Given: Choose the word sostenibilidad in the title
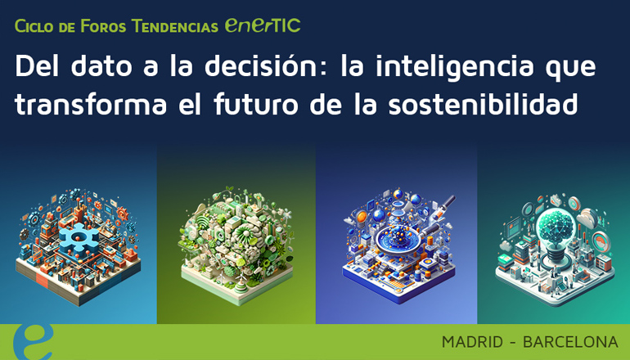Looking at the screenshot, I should coord(497,105).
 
